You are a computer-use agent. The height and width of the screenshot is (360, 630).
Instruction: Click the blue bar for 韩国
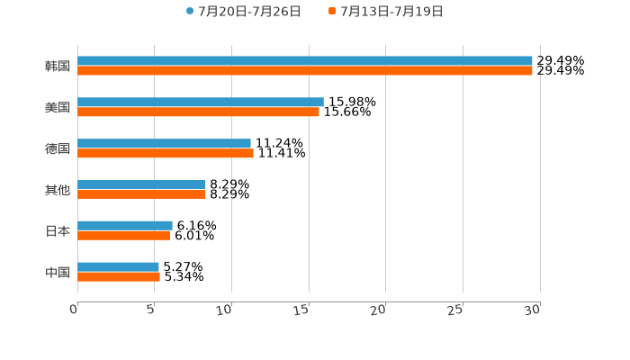tap(304, 61)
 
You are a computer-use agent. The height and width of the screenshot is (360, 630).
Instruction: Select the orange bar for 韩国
tap(304, 71)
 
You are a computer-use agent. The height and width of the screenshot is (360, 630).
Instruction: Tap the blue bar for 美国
tap(200, 103)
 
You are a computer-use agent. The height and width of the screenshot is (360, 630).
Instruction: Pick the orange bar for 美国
tap(198, 112)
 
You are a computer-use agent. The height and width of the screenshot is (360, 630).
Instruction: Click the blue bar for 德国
tap(164, 144)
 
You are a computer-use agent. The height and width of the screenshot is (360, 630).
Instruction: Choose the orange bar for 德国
tap(165, 154)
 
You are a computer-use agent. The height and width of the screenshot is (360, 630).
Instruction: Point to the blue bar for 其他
tap(141, 184)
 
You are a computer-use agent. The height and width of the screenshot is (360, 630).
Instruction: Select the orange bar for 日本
tap(123, 236)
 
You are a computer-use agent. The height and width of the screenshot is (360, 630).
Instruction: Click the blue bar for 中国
tap(118, 266)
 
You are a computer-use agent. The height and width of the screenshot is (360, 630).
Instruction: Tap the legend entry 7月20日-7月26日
tap(249, 12)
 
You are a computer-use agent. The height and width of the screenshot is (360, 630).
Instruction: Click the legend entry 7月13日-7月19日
tap(391, 12)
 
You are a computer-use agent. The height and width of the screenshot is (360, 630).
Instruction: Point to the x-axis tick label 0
tap(75, 310)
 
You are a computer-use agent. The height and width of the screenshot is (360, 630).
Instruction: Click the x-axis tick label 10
tap(225, 310)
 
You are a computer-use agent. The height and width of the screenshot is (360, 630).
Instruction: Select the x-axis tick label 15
tap(302, 310)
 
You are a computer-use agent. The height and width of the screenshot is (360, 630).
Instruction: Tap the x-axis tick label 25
tap(456, 310)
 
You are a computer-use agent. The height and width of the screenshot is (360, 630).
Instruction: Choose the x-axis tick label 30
tap(533, 310)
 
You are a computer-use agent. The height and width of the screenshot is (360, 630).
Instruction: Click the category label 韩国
tap(58, 66)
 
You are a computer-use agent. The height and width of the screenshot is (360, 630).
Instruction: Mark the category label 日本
tap(58, 230)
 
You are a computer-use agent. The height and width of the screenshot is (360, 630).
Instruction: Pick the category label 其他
tap(58, 190)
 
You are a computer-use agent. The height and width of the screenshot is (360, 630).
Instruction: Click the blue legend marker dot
tap(190, 12)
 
